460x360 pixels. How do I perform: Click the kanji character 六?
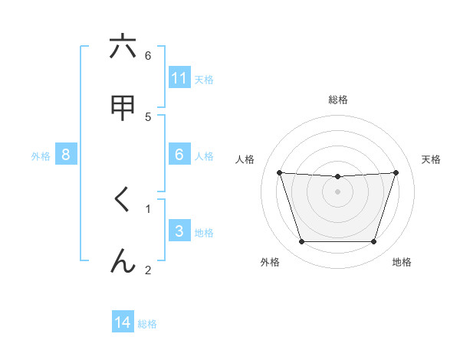click(123, 47)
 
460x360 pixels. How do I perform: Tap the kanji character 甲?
click(123, 108)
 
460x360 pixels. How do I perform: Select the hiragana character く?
click(123, 200)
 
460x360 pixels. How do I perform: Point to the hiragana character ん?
click(123, 261)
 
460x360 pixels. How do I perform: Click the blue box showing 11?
click(179, 78)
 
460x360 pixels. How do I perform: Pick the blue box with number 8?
click(66, 155)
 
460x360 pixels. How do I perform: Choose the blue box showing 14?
click(123, 323)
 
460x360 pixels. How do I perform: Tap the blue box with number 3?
click(179, 231)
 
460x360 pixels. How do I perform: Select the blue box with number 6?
click(179, 155)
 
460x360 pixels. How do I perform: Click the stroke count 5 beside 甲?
click(148, 116)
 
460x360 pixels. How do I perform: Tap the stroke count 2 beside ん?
click(148, 270)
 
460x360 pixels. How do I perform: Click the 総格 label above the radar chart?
click(338, 100)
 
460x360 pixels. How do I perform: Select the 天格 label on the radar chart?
click(432, 159)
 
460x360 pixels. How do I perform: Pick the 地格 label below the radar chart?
click(402, 262)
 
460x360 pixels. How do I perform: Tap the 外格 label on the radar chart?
click(270, 262)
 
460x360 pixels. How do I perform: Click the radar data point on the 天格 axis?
click(396, 172)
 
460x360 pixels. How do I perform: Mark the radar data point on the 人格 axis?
click(279, 172)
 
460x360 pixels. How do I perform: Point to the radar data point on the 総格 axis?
click(337, 177)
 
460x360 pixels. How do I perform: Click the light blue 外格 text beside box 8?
click(41, 155)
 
